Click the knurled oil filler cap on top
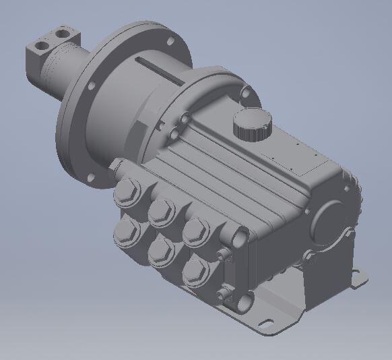click(x=252, y=125)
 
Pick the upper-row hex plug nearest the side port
click(x=197, y=230)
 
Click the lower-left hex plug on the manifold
click(x=127, y=233)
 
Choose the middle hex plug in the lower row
click(x=161, y=251)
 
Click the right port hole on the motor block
click(x=63, y=32)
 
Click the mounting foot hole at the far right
click(x=358, y=276)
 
